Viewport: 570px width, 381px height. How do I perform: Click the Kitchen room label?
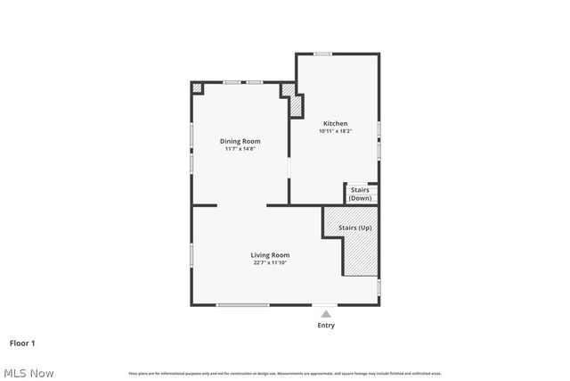click(335, 123)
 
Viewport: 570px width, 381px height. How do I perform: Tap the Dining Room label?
click(240, 141)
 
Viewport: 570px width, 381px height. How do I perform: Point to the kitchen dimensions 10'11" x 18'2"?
click(335, 131)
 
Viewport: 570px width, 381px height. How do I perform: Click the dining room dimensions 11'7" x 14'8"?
click(240, 149)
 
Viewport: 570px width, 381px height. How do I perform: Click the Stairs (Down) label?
click(360, 194)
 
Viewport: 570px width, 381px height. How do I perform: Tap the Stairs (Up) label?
click(355, 228)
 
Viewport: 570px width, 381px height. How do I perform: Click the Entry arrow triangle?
click(326, 314)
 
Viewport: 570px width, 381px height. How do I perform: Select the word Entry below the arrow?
click(326, 326)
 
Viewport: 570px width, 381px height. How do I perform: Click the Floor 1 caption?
click(22, 343)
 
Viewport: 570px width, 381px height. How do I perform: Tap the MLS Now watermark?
click(28, 372)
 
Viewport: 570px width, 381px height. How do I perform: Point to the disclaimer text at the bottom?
click(285, 373)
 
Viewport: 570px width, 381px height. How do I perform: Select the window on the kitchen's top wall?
click(322, 54)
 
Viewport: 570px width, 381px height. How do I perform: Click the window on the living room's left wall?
click(191, 254)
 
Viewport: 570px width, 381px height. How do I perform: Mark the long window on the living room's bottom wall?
click(243, 305)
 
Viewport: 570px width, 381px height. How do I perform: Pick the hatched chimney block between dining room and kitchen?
click(293, 101)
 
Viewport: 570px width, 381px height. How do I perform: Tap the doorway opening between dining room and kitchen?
click(288, 170)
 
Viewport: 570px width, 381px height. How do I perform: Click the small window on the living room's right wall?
click(379, 287)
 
